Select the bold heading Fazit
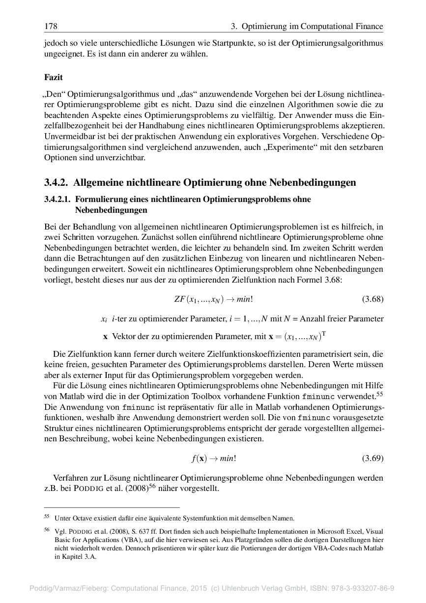[53, 77]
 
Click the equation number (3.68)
[372, 299]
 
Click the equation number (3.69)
[372, 459]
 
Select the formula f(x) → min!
[214, 459]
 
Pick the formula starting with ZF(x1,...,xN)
[214, 299]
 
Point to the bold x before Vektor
[105, 337]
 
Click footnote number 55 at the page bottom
[47, 517]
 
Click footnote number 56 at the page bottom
[47, 530]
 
